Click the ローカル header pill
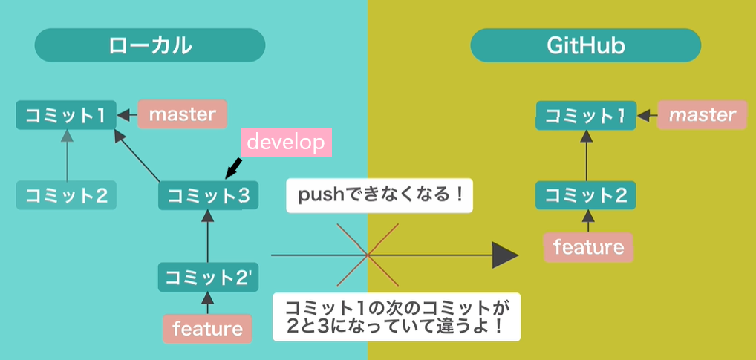point(150,46)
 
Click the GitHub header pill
point(586,46)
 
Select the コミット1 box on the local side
point(66,115)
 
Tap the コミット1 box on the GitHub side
point(586,116)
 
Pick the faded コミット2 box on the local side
point(66,195)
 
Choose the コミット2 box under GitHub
point(586,195)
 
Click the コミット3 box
point(209,196)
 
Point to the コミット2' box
point(209,277)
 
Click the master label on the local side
point(182,114)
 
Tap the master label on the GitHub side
point(702,115)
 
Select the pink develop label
point(286,142)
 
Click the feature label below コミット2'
point(207,327)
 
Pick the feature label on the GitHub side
point(588,247)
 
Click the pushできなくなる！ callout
point(379,197)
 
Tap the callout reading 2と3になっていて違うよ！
point(397,317)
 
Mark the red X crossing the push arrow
point(368,255)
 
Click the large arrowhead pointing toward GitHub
point(505,255)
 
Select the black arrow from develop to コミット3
point(233,166)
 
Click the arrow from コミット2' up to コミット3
point(208,236)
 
